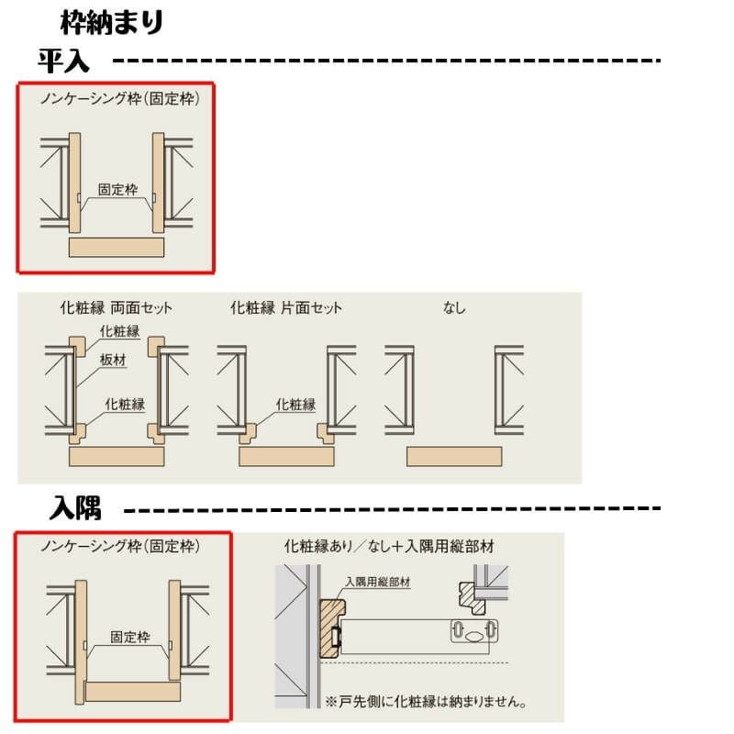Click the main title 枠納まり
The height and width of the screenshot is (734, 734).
click(x=111, y=23)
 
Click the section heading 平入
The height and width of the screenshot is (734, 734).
click(x=63, y=61)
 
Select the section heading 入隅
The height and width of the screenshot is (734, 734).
click(x=75, y=508)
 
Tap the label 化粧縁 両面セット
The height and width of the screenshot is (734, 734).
click(x=117, y=307)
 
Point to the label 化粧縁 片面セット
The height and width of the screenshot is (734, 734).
click(x=286, y=307)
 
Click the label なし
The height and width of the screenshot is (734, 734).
click(x=454, y=307)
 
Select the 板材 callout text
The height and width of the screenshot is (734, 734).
click(x=113, y=360)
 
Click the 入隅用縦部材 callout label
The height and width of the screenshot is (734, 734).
click(x=378, y=582)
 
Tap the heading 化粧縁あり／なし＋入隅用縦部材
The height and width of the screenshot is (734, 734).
click(x=389, y=546)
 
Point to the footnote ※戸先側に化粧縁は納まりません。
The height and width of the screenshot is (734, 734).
click(x=426, y=701)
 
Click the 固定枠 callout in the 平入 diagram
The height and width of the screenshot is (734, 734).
click(x=117, y=189)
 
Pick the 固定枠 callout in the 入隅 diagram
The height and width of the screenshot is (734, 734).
click(x=130, y=637)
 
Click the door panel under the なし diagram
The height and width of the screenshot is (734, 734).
click(x=454, y=456)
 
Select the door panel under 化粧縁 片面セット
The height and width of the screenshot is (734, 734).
click(x=286, y=456)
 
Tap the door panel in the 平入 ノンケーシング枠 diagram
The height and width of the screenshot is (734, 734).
click(x=117, y=247)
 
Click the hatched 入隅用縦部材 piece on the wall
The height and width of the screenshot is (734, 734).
click(x=332, y=629)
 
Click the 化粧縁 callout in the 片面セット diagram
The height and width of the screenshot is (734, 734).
click(x=295, y=404)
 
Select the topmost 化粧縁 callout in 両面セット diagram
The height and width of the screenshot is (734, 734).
click(x=120, y=331)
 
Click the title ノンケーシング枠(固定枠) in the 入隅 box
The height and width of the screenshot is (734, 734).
click(x=120, y=546)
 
